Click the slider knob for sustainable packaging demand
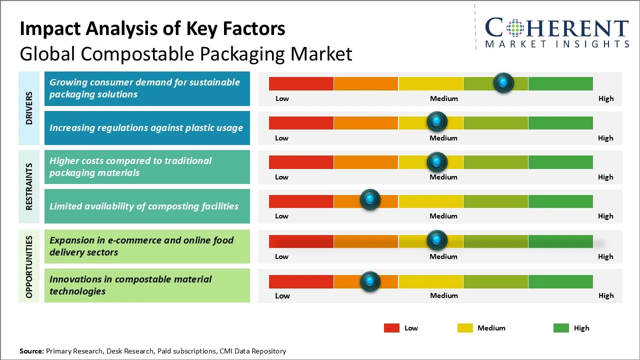[503, 82]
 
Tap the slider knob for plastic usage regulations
[437, 121]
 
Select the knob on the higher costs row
[437, 161]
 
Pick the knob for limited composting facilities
[370, 199]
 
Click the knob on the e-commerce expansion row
[437, 240]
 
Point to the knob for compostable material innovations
[370, 281]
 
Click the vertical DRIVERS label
[29, 108]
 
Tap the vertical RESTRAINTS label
[29, 186]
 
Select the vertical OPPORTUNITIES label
[29, 266]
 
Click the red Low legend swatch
[391, 328]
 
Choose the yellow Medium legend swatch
[465, 328]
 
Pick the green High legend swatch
[561, 328]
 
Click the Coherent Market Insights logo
[556, 32]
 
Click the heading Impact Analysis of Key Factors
[152, 28]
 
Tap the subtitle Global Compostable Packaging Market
[185, 53]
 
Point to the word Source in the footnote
[31, 351]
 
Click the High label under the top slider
[605, 98]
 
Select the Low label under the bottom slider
[282, 295]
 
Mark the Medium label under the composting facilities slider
[443, 216]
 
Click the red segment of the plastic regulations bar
[301, 123]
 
